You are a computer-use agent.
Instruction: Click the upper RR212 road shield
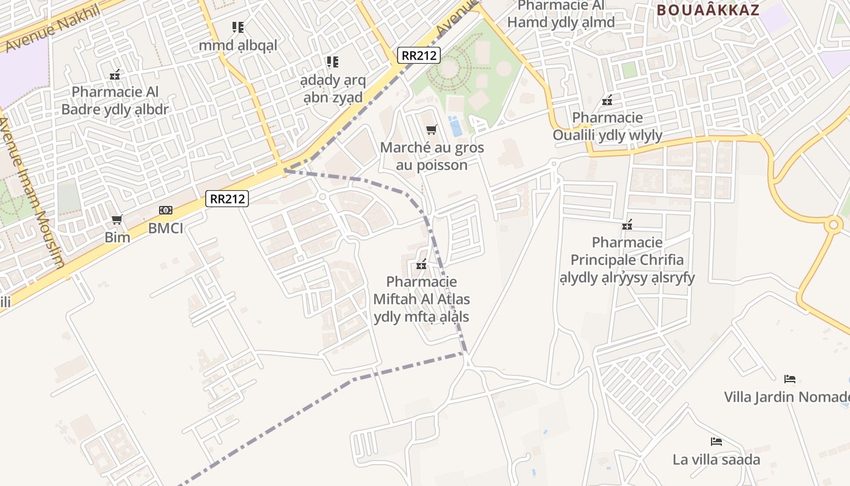click(419, 55)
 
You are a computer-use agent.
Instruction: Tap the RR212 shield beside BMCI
click(227, 199)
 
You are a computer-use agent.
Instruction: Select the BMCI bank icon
click(166, 210)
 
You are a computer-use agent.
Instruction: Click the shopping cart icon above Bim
click(117, 219)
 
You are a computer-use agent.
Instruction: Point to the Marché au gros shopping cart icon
click(432, 129)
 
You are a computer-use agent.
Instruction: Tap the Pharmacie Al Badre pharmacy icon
click(115, 75)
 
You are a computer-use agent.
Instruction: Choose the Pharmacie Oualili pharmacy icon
click(607, 100)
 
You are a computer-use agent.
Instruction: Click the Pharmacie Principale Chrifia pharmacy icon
click(627, 225)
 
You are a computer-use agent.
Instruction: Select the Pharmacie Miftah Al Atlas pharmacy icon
click(421, 265)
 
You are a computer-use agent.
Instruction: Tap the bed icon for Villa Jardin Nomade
click(789, 379)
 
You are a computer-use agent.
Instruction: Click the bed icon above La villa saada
click(716, 442)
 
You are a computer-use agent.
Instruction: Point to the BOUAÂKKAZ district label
click(708, 10)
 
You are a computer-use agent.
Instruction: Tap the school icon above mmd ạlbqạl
click(238, 27)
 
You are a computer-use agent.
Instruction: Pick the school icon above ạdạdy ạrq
click(332, 62)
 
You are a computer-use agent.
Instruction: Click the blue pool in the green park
click(455, 126)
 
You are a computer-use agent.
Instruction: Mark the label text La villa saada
click(716, 459)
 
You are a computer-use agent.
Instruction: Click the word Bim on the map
click(117, 237)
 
